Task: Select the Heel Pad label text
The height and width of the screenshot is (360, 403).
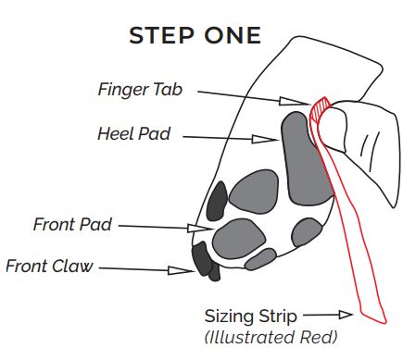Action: click(133, 132)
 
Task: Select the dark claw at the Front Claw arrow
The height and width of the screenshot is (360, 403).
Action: click(201, 258)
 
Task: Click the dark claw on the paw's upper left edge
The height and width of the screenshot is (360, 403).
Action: click(217, 199)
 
